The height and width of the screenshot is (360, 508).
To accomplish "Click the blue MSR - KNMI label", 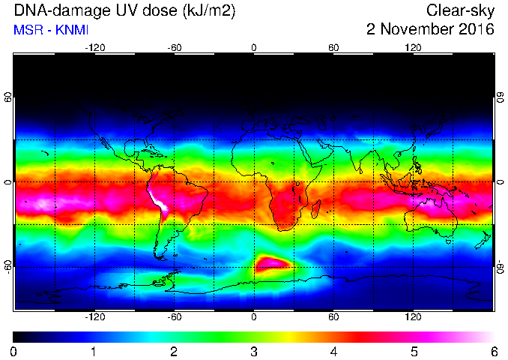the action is [51, 30].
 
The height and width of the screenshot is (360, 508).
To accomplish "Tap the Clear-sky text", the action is [460, 11].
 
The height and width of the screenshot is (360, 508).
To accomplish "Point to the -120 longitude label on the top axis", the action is [95, 48].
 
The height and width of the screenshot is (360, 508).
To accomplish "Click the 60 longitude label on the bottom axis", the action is [333, 316].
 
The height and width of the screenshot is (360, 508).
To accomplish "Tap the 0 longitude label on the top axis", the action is [254, 48].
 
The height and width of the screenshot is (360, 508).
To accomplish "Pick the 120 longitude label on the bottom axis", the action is [413, 316].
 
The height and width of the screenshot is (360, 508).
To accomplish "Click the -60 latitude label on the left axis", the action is [7, 266].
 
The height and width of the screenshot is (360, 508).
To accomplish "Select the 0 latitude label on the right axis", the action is [501, 182].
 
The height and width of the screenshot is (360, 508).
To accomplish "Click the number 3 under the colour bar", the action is [254, 352].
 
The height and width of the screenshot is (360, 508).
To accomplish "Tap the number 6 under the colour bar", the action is [494, 352].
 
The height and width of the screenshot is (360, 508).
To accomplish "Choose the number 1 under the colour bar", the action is [94, 352].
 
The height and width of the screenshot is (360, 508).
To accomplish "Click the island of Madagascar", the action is [316, 208].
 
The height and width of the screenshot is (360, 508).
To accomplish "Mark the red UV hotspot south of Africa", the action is [272, 263].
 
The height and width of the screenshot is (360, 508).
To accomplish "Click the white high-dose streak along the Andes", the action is [158, 199].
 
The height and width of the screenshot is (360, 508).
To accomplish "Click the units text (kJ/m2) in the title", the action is [209, 11].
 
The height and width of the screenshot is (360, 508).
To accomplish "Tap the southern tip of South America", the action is [161, 259].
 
